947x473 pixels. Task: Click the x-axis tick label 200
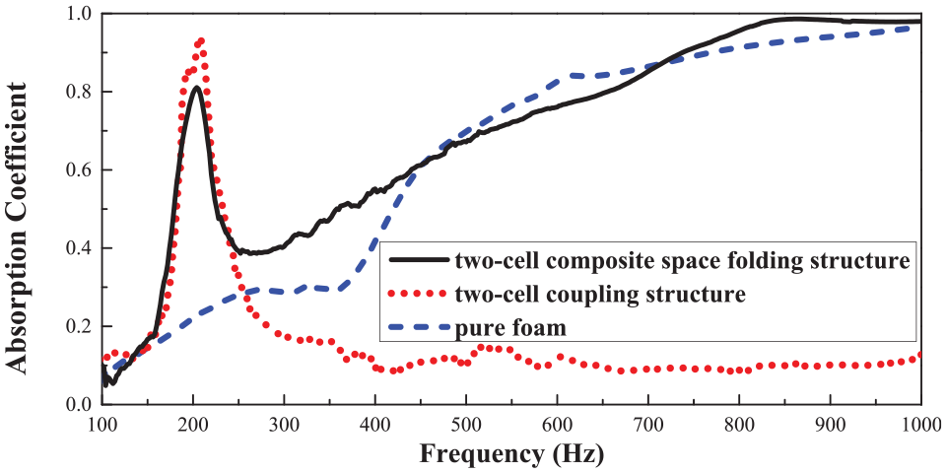pos(193,421)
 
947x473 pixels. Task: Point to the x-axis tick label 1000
pos(919,421)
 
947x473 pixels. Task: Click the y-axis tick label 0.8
pos(81,92)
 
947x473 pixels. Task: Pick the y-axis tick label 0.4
pos(81,248)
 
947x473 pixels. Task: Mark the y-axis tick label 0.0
pos(81,405)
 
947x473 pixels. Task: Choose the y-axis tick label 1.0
pos(81,13)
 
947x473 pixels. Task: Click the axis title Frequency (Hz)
pos(511,452)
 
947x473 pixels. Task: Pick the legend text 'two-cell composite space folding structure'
pos(679,261)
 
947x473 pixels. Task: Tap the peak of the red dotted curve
pos(200,41)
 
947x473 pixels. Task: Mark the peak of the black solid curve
pos(196,88)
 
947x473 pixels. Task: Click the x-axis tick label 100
pos(101,421)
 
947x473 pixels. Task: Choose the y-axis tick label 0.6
pos(81,169)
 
